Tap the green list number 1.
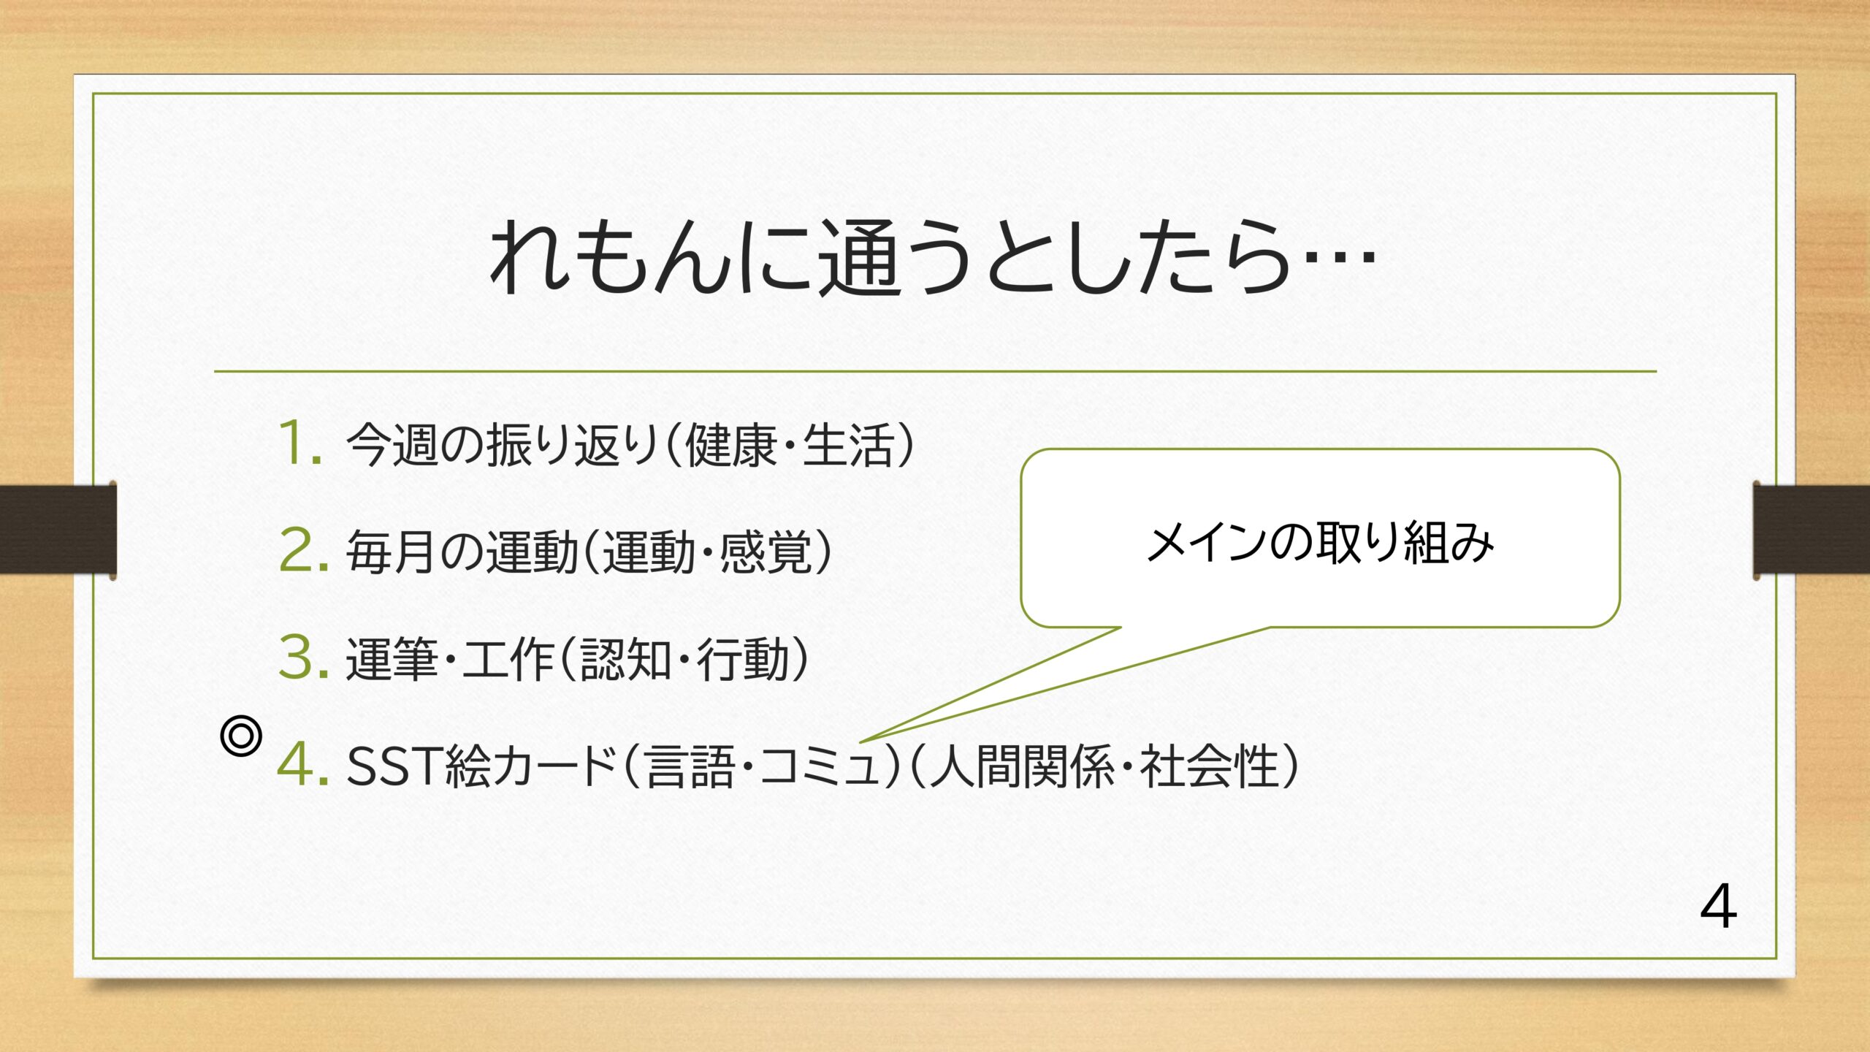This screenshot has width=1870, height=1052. pos(300,443)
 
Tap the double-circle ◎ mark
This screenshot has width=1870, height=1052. pos(240,736)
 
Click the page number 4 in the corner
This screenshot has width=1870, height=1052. pos(1718,907)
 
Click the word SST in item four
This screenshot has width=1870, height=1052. pos(394,766)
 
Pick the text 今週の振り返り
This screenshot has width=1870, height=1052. pos(503,444)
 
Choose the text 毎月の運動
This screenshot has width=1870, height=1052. pos(462,551)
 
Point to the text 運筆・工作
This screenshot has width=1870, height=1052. pos(450,658)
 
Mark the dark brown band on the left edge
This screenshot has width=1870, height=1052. pos(58,529)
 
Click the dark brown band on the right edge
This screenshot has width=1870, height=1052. pos(1812,529)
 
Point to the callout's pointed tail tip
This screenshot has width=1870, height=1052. pos(861,742)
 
